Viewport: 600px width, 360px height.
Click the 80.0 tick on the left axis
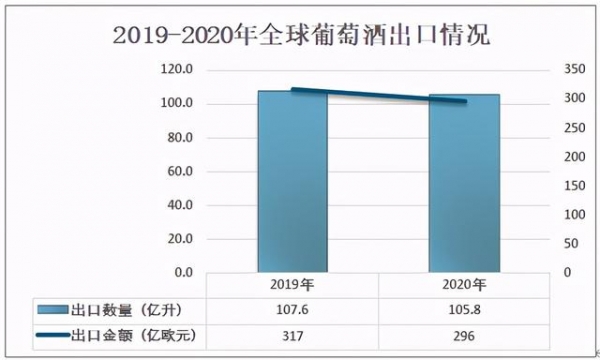[x=178, y=137]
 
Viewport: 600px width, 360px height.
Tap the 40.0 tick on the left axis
[x=178, y=205]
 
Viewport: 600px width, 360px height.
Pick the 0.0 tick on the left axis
[x=182, y=272]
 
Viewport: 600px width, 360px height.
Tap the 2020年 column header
[x=464, y=284]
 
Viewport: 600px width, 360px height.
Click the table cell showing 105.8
[x=464, y=309]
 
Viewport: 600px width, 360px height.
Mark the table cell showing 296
[x=464, y=336]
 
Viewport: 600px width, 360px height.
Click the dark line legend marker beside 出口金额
[x=50, y=336]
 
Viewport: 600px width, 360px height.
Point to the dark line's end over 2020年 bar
[x=464, y=101]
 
